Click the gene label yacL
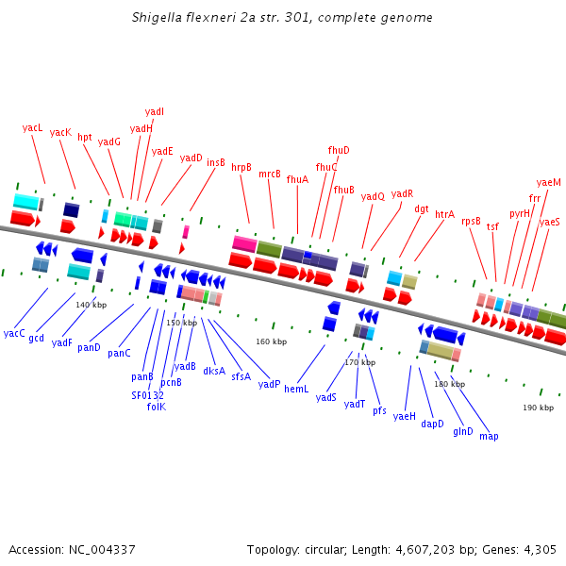[x=33, y=127]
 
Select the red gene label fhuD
[x=339, y=150]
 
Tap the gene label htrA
[x=444, y=214]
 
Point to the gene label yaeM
[x=548, y=182]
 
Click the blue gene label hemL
[x=296, y=389]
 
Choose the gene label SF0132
[x=147, y=395]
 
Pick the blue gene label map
[x=489, y=436]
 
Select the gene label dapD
[x=432, y=424]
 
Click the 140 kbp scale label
[x=92, y=305]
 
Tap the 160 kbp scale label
[x=271, y=341]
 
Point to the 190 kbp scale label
[x=539, y=408]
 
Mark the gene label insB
[x=216, y=162]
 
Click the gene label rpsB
[x=471, y=221]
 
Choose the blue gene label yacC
[x=14, y=333]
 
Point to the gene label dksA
[x=214, y=371]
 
